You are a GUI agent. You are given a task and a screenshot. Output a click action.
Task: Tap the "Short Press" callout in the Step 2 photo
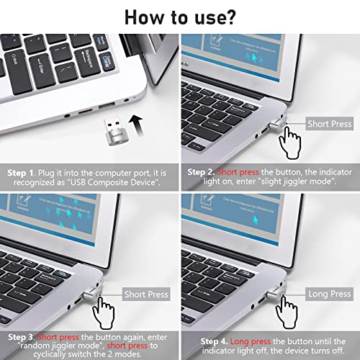click(x=329, y=123)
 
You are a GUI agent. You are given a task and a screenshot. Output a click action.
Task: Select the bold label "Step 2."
click(x=202, y=174)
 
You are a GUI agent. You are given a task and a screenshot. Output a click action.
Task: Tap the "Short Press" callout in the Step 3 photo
click(x=148, y=294)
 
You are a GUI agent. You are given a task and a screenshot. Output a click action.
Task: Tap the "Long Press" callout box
click(x=329, y=294)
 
